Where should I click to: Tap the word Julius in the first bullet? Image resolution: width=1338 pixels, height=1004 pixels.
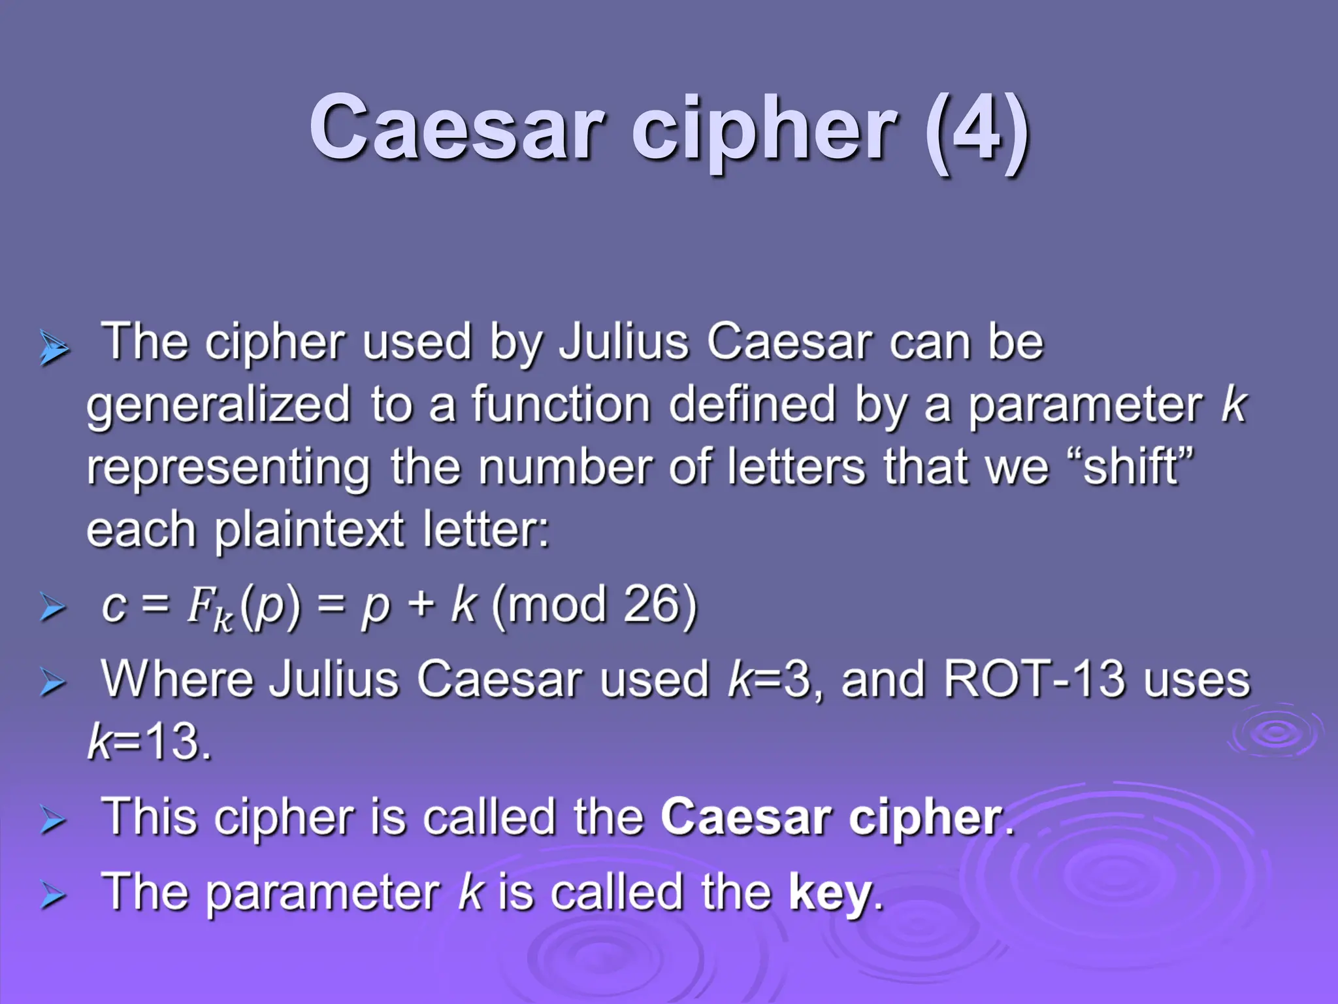point(624,342)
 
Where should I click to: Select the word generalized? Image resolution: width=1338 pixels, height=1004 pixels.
point(219,405)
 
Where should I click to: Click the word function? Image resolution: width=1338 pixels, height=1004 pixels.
point(561,404)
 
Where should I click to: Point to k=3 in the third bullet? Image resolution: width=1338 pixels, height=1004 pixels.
point(769,680)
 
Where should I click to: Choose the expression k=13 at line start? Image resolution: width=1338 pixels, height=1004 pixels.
point(149,743)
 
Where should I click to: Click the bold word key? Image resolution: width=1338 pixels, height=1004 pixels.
point(830,892)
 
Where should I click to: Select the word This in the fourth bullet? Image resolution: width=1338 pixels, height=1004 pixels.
point(149,817)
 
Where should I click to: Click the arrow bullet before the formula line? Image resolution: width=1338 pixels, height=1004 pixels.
point(52,607)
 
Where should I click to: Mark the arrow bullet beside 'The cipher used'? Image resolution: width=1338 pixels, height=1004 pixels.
point(54,347)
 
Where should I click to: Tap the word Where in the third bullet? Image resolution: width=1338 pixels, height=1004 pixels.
point(177,680)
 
